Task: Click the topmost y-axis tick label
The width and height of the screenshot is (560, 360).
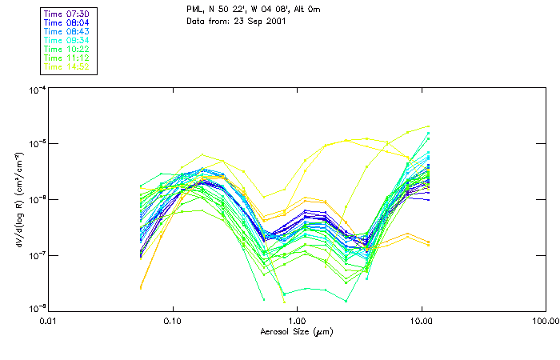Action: (x=36, y=90)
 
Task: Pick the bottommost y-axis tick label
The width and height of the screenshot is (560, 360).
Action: (x=36, y=308)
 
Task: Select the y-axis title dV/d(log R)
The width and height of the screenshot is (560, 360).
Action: (x=18, y=200)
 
